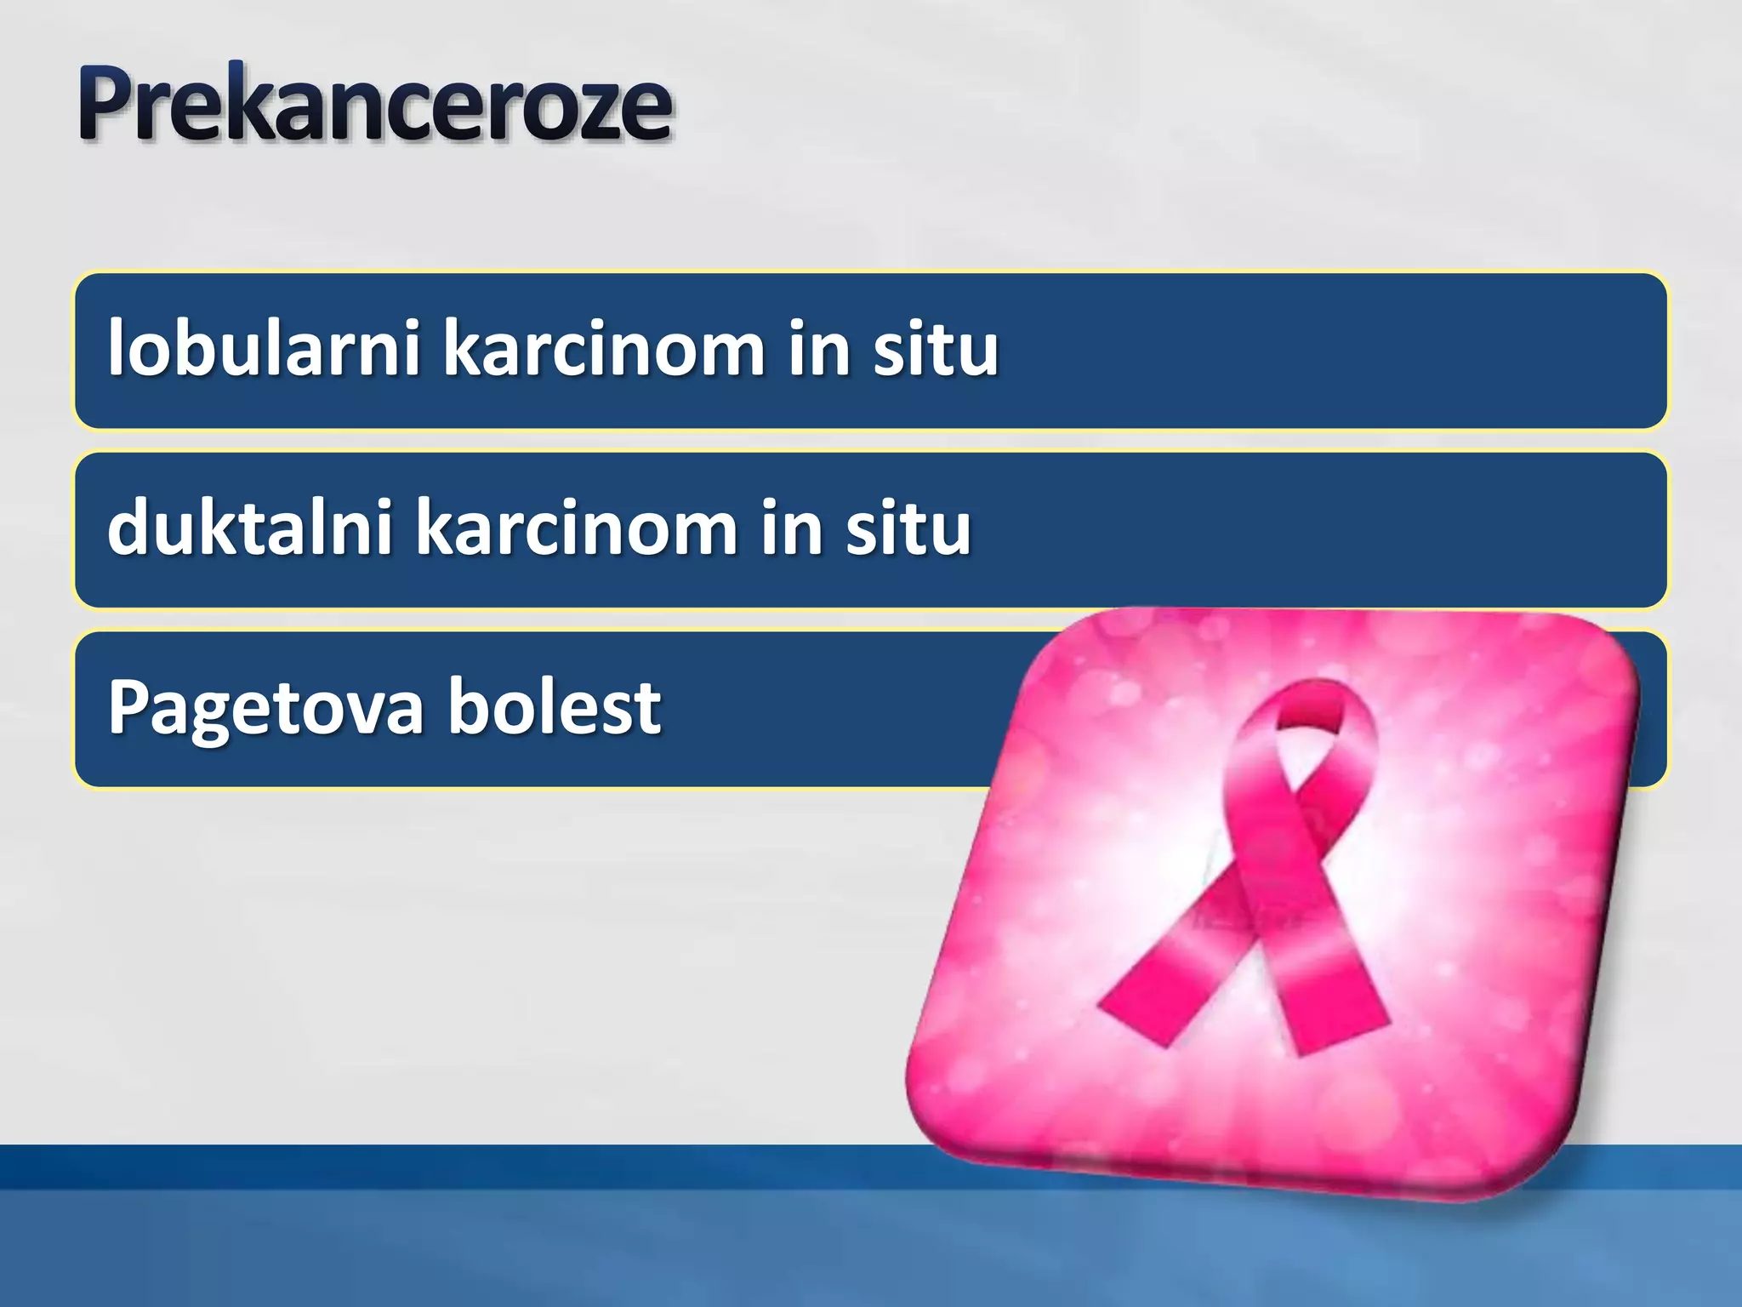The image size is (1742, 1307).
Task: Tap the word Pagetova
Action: point(265,708)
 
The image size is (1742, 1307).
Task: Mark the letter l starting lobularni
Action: point(116,347)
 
